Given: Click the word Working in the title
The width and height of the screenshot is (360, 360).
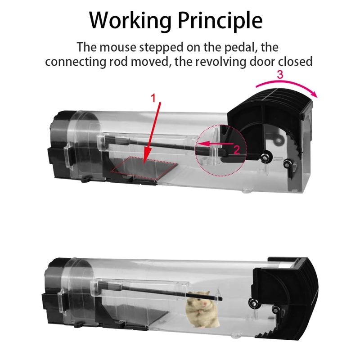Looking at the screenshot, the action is point(130,21).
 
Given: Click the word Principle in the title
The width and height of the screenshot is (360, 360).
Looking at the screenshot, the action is point(220,21).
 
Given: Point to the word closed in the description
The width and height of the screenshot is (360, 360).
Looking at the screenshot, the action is point(295,62).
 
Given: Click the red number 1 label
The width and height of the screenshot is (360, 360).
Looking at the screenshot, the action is point(153,98).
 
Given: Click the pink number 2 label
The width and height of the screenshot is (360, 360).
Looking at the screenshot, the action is point(237,150).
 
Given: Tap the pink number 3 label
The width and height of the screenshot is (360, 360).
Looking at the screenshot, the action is point(280,75).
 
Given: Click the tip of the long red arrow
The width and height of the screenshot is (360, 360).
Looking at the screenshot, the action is point(144,164).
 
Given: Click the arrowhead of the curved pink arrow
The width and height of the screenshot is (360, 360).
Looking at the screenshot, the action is point(315,94).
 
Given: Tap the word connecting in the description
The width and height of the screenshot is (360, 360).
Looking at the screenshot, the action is point(75,62).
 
